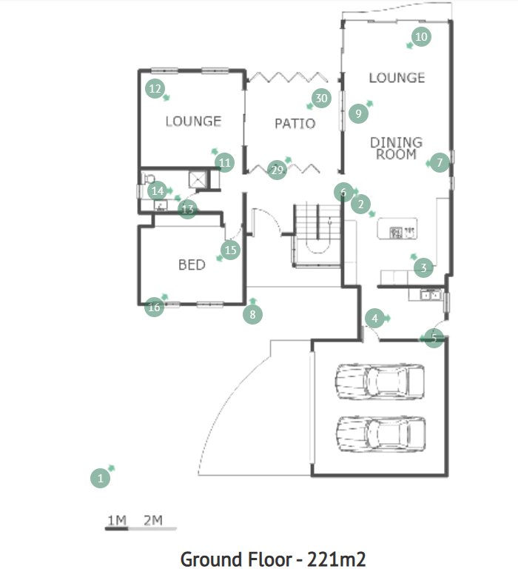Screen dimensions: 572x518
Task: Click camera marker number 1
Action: [x=100, y=479]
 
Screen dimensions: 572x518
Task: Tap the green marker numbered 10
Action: [x=421, y=36]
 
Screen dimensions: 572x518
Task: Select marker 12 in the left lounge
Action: [x=155, y=89]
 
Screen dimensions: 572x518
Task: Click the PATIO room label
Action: [x=295, y=124]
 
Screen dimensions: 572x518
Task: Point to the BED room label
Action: [x=192, y=265]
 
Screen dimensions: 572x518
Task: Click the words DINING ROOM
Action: [x=397, y=148]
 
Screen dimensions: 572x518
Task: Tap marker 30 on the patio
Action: [x=320, y=99]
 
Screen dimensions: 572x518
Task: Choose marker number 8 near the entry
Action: [x=253, y=315]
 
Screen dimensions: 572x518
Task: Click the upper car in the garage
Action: [x=380, y=382]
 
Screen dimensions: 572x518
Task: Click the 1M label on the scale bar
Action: [x=117, y=520]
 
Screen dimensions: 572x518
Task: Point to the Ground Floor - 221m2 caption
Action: [x=273, y=558]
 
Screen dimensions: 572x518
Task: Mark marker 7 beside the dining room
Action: [x=439, y=162]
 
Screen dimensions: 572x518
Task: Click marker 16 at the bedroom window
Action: [x=154, y=307]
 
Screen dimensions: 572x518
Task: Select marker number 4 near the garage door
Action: [x=375, y=319]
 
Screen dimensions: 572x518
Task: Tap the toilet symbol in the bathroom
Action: [x=148, y=179]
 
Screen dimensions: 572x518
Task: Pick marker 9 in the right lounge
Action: [x=358, y=113]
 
